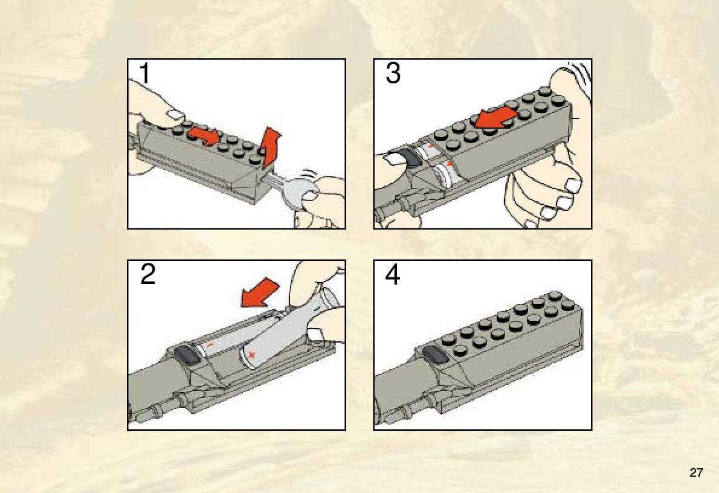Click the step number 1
click(145, 73)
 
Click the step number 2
click(147, 275)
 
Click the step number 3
click(393, 73)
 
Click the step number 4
click(393, 275)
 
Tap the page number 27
click(695, 473)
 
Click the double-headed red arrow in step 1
click(204, 136)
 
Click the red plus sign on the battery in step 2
click(250, 355)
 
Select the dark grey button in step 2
click(186, 355)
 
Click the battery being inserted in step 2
click(289, 328)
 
